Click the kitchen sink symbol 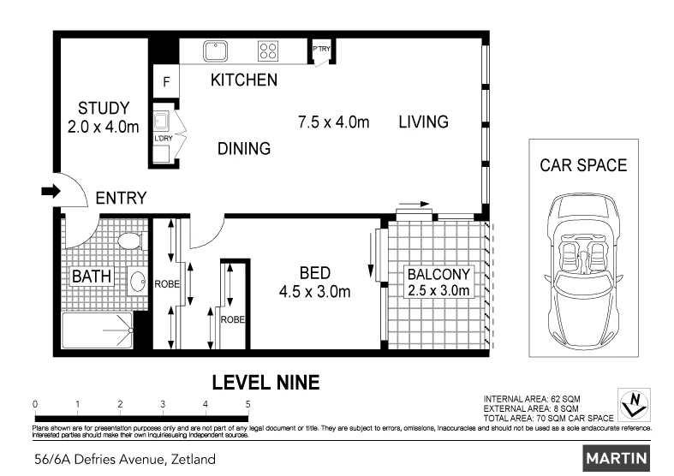(215, 51)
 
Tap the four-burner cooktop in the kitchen (268, 51)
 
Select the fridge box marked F (166, 81)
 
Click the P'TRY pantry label (321, 49)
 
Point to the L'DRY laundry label (164, 139)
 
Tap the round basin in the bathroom (138, 282)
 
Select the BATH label (92, 277)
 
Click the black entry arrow (51, 191)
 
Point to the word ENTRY (121, 198)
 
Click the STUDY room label (104, 108)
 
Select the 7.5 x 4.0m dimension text (333, 122)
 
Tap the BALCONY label (438, 274)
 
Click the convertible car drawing (583, 271)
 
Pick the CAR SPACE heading (583, 165)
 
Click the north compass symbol (634, 405)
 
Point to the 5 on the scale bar (248, 404)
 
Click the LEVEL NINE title (266, 383)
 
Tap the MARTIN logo (617, 458)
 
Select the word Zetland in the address (194, 459)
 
